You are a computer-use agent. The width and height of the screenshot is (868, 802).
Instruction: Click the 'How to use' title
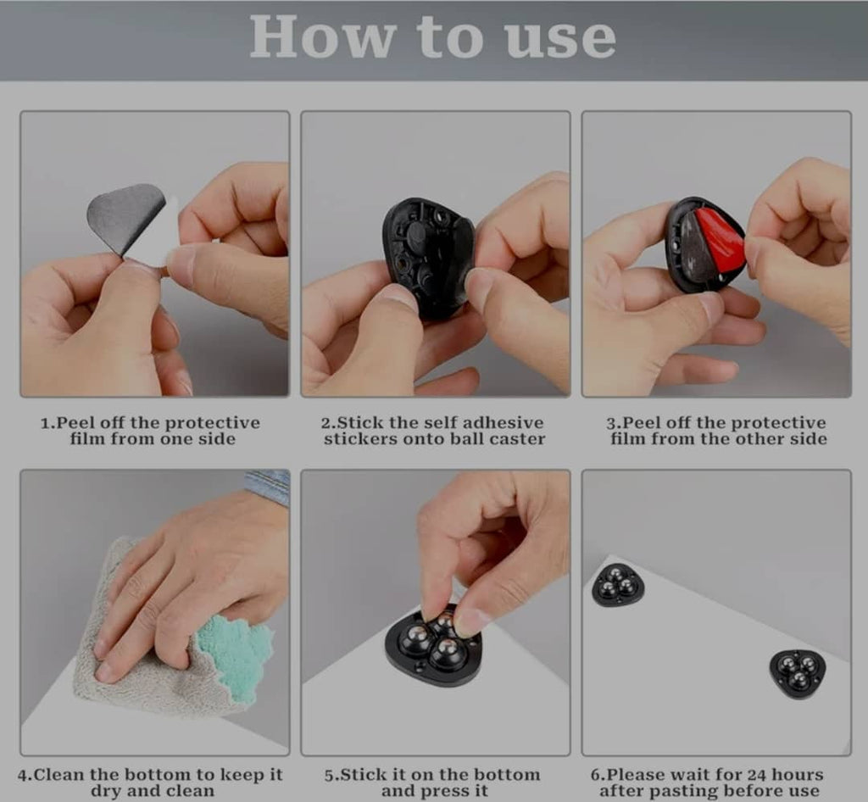tap(432, 37)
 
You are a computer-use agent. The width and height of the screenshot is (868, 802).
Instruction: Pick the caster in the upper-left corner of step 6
tap(618, 585)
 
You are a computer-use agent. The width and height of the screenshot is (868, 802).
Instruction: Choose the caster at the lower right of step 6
tap(797, 672)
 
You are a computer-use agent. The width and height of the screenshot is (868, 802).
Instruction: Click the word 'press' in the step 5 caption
tap(441, 792)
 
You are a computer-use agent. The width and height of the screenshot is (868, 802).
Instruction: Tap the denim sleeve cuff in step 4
tap(268, 485)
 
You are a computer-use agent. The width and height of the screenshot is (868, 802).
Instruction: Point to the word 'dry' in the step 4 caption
tap(106, 792)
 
